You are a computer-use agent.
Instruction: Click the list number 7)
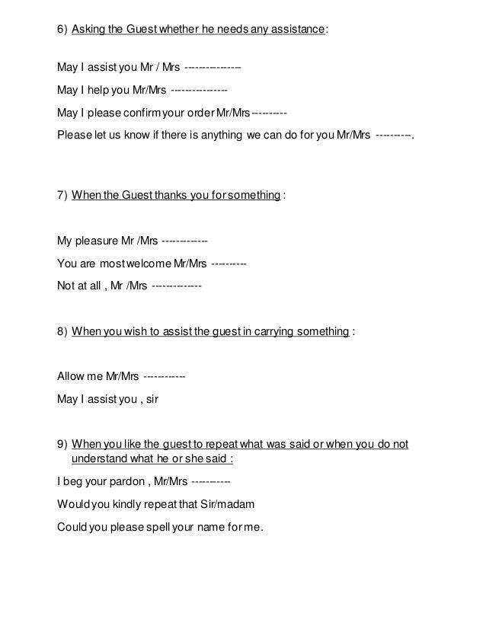tap(62, 195)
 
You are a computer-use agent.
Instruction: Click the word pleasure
tap(98, 242)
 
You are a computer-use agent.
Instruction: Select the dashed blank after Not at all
tap(177, 287)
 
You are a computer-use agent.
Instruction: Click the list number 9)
tap(62, 445)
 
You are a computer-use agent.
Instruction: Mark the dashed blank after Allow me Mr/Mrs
tap(164, 377)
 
